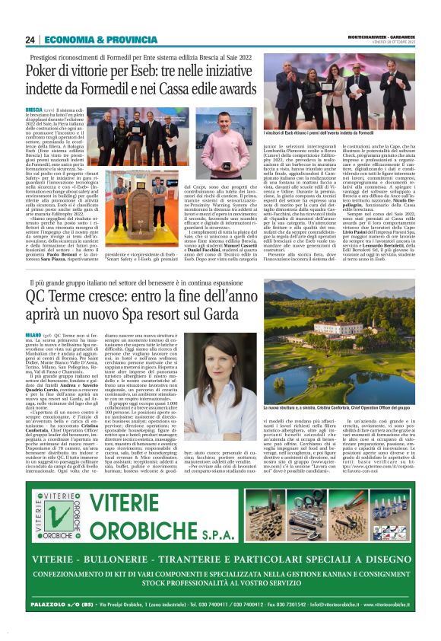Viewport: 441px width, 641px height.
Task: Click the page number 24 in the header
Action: [x=30, y=40]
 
